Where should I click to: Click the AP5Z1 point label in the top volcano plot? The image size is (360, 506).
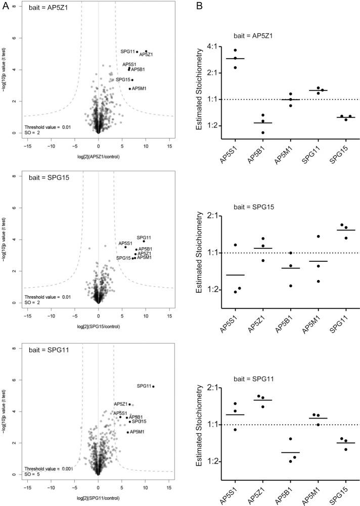click(x=147, y=55)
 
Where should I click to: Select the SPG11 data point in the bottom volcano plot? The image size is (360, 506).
click(x=153, y=387)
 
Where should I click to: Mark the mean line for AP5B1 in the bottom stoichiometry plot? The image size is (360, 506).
click(x=291, y=452)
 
